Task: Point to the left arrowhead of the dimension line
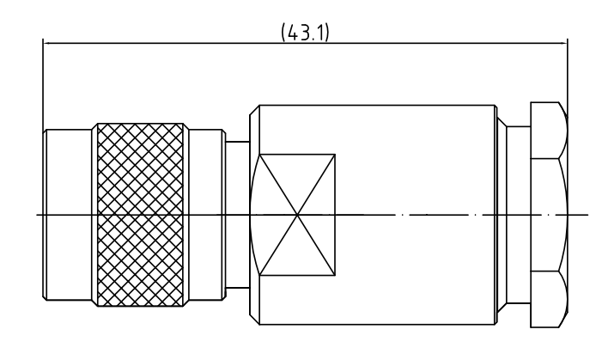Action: coord(46,41)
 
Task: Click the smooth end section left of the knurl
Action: coord(68,172)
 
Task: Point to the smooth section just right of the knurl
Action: coord(204,172)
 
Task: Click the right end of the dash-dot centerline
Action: coord(587,213)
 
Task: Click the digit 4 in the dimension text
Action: coord(289,32)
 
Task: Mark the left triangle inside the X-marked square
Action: coord(273,213)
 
